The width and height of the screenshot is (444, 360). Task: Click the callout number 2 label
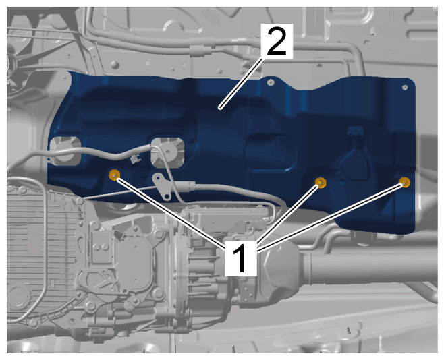coord(277,40)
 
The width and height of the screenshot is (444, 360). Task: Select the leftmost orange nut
coord(114,175)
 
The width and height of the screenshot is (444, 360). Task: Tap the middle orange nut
coord(321,183)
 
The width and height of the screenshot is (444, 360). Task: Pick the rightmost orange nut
coord(405,182)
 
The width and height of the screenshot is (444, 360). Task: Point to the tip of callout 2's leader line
coord(220,108)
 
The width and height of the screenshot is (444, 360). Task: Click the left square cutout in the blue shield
coord(65,150)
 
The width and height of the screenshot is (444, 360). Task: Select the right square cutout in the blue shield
coord(167,153)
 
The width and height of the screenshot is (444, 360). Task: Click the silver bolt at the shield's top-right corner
coord(405,88)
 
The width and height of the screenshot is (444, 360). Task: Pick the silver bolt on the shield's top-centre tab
coord(271,82)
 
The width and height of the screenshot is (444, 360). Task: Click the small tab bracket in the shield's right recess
coord(356,132)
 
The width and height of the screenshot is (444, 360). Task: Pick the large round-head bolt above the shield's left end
coord(114,65)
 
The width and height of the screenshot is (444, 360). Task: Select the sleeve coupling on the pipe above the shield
coord(201,51)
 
